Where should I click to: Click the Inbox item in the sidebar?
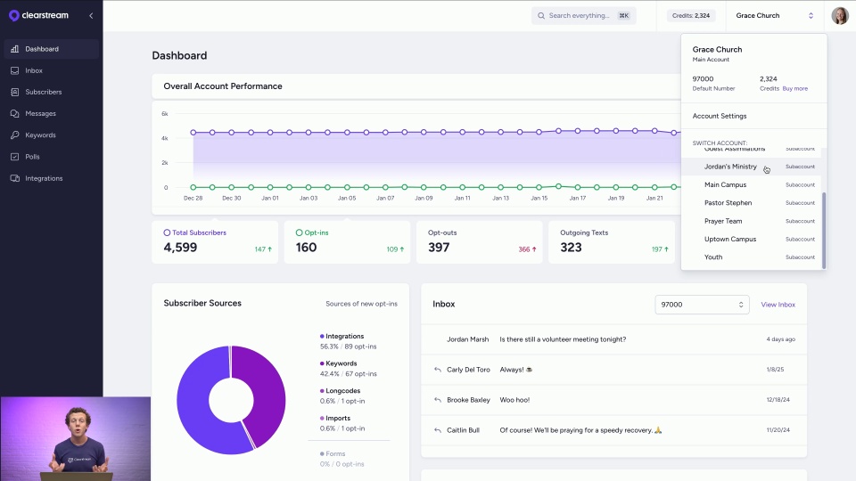click(x=33, y=70)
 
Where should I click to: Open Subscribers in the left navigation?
click(x=43, y=92)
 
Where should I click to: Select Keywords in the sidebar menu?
click(x=40, y=135)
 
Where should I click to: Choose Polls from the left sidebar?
click(x=32, y=157)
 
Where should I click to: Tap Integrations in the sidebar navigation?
click(x=44, y=178)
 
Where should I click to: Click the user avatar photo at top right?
click(x=839, y=16)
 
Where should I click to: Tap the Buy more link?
click(x=794, y=89)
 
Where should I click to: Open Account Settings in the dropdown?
click(x=720, y=116)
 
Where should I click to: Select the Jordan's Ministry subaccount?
click(x=730, y=167)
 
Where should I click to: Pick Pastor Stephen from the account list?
click(x=728, y=203)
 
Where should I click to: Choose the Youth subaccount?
click(x=713, y=257)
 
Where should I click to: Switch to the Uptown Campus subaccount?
click(x=729, y=239)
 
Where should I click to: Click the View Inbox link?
click(x=778, y=305)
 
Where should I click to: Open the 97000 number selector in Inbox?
click(x=702, y=305)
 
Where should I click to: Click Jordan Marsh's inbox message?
click(x=562, y=339)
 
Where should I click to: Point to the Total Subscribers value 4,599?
click(x=180, y=248)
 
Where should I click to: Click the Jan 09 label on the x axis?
click(x=424, y=198)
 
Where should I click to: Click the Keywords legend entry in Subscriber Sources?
click(x=341, y=363)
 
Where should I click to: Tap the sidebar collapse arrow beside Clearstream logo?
click(x=90, y=16)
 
